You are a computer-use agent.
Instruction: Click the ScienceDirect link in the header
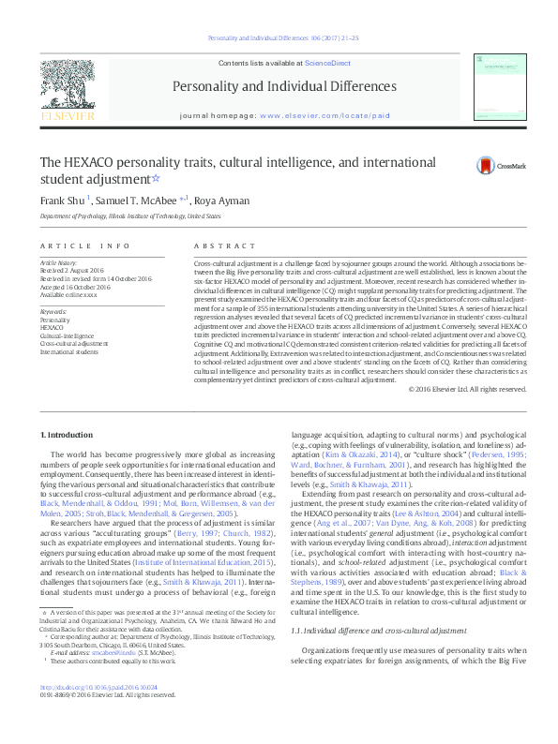point(328,62)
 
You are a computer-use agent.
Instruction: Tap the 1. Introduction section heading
point(68,434)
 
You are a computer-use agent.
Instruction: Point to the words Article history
point(57,263)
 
